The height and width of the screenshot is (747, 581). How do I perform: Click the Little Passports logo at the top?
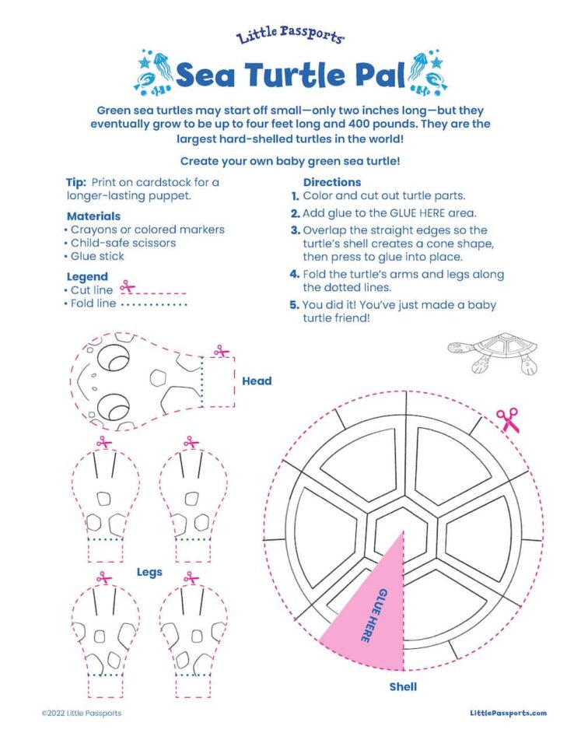[290, 35]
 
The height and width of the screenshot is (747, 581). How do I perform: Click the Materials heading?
[93, 216]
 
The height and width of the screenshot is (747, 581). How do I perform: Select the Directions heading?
[332, 182]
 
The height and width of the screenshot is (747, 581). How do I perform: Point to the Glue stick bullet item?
[94, 256]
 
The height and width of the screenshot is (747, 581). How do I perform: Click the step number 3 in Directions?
[296, 230]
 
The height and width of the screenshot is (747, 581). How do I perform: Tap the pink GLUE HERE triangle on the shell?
[372, 615]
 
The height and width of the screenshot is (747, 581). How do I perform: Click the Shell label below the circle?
[403, 686]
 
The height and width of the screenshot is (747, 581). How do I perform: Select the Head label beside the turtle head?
[257, 381]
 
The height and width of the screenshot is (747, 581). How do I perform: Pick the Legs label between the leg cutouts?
[149, 572]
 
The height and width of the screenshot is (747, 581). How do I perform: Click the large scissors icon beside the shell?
[508, 419]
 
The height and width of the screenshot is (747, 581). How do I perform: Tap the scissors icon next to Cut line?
[127, 287]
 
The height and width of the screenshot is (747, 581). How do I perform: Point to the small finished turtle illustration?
[493, 352]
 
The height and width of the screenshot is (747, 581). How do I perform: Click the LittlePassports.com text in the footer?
[508, 713]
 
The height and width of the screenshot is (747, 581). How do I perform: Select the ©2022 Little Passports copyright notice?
[82, 714]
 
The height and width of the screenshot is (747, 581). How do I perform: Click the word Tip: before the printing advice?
[76, 182]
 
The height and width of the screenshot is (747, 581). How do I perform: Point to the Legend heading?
[87, 277]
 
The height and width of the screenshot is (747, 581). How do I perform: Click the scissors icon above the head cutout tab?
[222, 351]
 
